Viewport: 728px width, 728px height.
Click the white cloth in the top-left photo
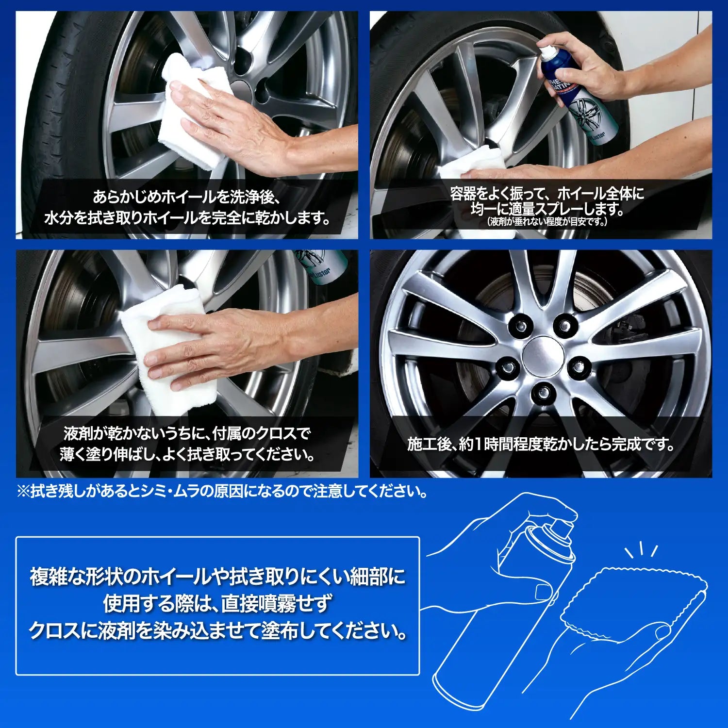pyautogui.click(x=194, y=112)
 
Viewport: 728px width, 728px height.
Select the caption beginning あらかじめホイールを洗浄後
pyautogui.click(x=187, y=208)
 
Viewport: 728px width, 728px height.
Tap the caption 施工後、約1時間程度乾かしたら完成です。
pyautogui.click(x=541, y=444)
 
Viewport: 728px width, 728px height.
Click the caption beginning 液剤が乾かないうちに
pyautogui.click(x=187, y=444)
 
